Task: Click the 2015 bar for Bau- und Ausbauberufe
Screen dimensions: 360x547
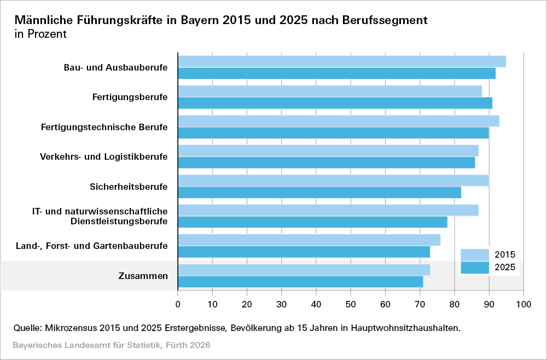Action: pos(342,61)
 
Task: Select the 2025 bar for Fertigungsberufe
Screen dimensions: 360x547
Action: pos(335,103)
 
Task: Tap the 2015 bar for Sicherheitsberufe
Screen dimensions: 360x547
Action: pos(333,181)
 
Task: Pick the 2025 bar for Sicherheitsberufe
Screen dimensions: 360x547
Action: pos(319,193)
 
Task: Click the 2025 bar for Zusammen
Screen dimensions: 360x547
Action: pos(300,282)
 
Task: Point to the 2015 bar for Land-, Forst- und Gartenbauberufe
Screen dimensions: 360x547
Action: pos(309,240)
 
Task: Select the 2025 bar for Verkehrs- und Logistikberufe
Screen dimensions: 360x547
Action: pos(327,162)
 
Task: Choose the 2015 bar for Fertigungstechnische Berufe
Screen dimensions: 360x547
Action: pos(339,121)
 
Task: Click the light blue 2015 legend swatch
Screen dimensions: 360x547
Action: pos(475,255)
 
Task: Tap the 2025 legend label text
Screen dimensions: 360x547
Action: pos(505,268)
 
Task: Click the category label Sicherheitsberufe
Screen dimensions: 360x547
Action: pos(129,187)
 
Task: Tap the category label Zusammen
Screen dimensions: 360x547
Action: pos(143,276)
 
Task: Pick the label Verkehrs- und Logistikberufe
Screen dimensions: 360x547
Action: pos(104,157)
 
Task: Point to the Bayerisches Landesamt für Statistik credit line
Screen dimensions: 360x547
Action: pos(112,346)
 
